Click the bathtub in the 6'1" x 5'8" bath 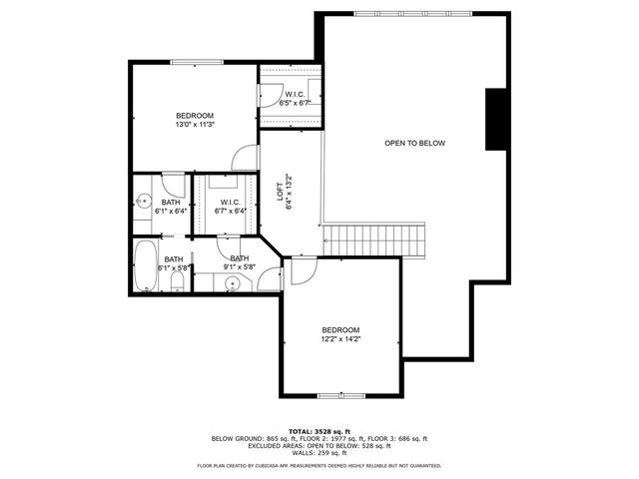145,265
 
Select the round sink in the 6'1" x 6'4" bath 142,199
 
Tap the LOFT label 281,190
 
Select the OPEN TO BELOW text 414,144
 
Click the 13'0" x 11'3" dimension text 195,126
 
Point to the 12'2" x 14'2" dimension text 340,339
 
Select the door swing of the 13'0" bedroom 243,159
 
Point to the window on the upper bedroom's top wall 196,62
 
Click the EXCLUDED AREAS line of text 319,445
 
